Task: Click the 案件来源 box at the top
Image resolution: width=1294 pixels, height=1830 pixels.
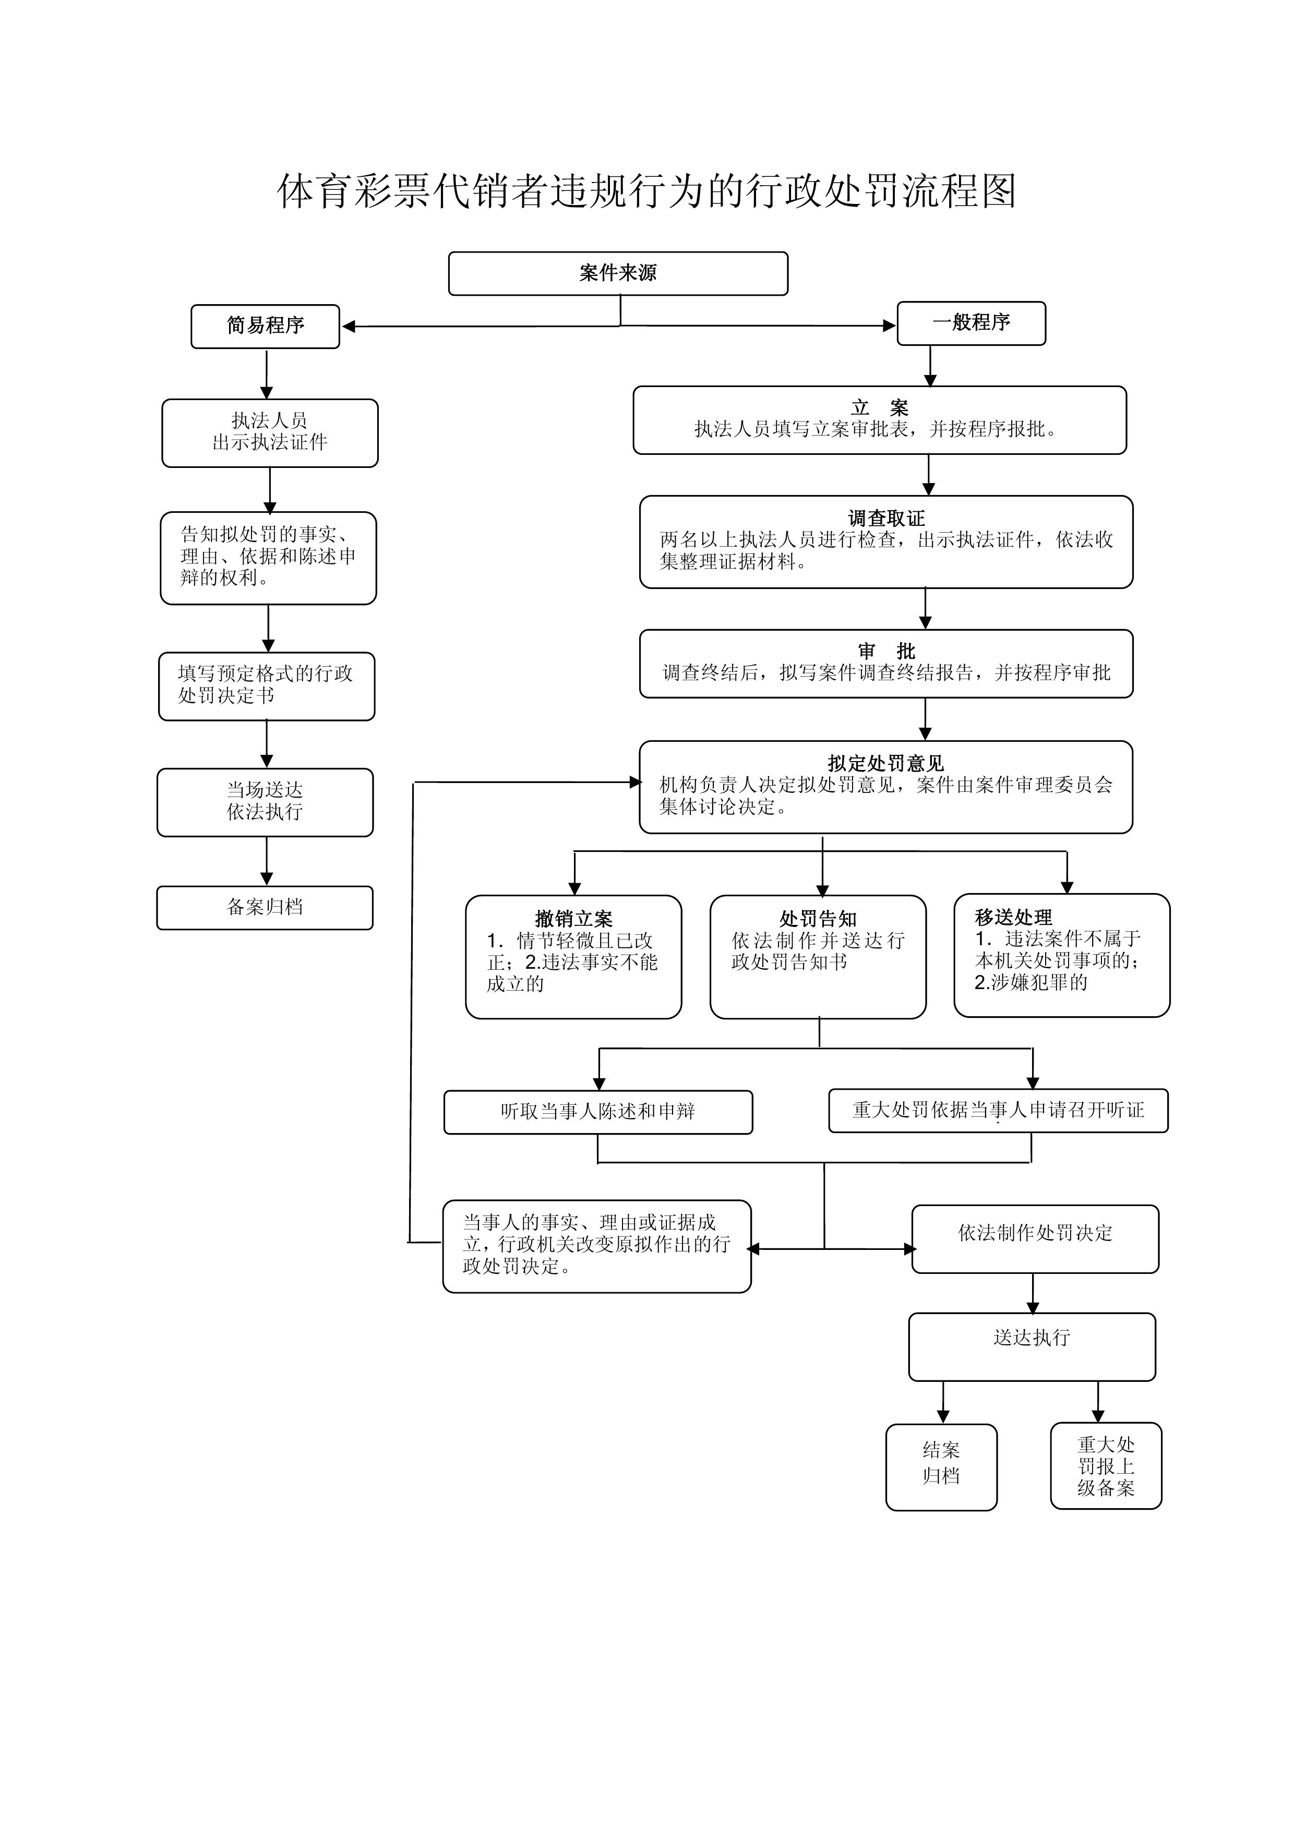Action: (x=618, y=273)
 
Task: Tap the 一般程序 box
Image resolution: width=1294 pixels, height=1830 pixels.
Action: (x=971, y=323)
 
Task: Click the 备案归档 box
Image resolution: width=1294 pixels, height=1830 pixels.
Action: (x=265, y=907)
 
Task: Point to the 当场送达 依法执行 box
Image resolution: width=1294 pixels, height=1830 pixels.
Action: (x=265, y=802)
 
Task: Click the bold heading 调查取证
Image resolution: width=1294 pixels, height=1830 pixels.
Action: (x=886, y=518)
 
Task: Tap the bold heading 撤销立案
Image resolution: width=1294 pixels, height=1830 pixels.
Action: (x=573, y=919)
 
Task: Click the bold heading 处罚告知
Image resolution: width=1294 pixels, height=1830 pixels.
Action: (x=818, y=919)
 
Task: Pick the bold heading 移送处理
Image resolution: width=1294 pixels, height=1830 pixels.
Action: (x=1013, y=918)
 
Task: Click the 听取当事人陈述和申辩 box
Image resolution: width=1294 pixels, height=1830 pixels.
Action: (x=598, y=1112)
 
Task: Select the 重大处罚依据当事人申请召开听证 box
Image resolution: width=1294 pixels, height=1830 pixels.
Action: (x=998, y=1110)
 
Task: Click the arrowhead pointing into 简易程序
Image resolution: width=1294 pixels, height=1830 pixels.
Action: (x=349, y=326)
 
